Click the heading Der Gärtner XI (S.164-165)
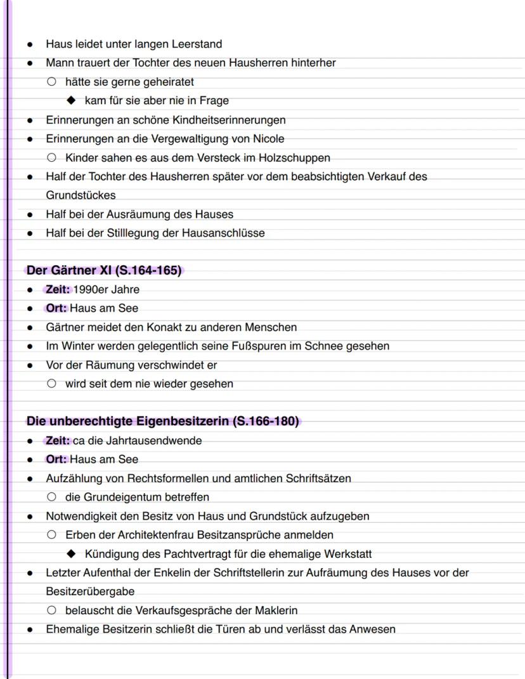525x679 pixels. (x=104, y=271)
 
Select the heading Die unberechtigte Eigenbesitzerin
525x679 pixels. (x=162, y=421)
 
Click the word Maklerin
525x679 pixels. (x=275, y=610)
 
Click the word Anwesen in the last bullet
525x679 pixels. (x=373, y=630)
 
